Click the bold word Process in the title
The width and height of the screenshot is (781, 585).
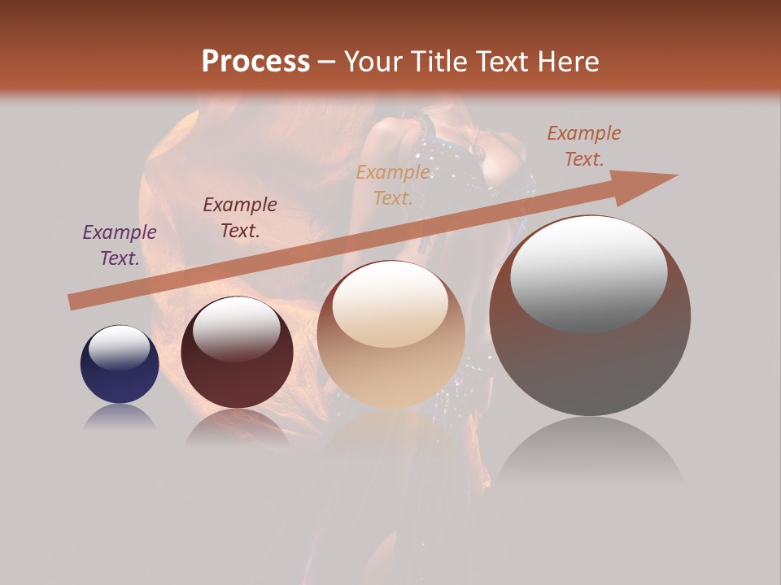click(255, 61)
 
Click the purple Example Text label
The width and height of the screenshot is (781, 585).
click(120, 245)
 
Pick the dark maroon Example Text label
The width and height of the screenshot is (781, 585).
click(239, 218)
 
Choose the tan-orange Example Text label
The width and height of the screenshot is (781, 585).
click(393, 184)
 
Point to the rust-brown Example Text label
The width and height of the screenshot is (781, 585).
click(584, 146)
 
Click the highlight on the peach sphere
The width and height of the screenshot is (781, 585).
click(390, 304)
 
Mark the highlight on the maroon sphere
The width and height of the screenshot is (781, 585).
click(236, 328)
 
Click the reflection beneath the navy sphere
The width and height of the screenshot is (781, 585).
click(120, 418)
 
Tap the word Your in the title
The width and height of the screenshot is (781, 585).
click(373, 61)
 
